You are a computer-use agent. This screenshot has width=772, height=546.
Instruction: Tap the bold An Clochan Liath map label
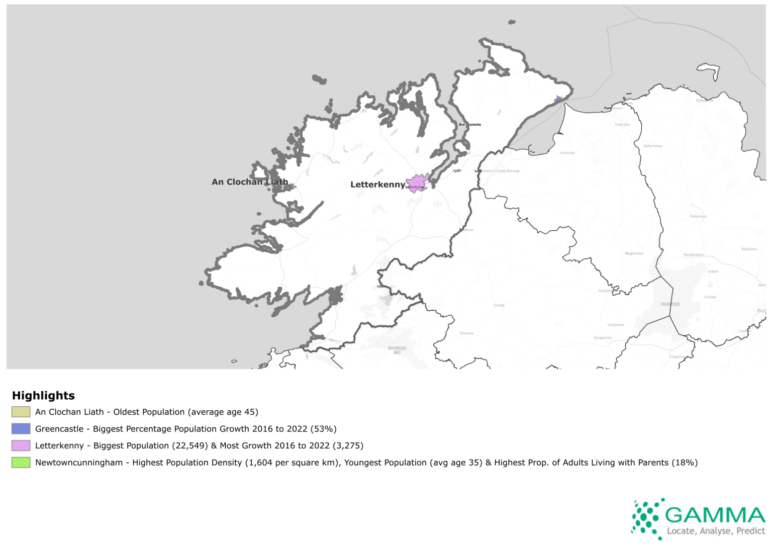(x=250, y=182)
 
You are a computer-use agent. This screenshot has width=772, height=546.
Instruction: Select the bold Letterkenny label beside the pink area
(x=377, y=185)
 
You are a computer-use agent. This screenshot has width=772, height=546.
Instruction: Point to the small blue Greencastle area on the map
(x=558, y=100)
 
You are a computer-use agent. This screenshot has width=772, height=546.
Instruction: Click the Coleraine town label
(x=622, y=125)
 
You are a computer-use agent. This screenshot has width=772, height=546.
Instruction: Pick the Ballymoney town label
(x=653, y=146)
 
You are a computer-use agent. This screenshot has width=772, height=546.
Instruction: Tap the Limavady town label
(x=567, y=153)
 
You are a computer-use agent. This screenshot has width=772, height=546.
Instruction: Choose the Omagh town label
(x=499, y=305)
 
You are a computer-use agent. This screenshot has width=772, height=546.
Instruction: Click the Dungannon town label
(x=603, y=338)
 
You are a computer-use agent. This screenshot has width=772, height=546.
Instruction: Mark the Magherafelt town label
(x=634, y=253)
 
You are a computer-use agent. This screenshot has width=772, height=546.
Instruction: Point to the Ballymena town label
(x=698, y=216)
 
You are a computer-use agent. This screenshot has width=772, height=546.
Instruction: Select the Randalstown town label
(x=694, y=255)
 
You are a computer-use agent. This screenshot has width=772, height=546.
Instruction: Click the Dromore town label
(x=466, y=333)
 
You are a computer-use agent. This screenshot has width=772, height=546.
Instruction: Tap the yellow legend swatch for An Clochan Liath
(x=21, y=412)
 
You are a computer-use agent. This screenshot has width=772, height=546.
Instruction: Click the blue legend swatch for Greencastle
(x=21, y=429)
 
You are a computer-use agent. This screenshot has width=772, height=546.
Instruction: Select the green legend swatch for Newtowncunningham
(x=21, y=463)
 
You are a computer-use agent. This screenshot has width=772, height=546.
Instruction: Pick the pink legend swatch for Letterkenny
(x=21, y=445)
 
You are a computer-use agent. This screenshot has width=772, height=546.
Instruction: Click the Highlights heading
(x=43, y=396)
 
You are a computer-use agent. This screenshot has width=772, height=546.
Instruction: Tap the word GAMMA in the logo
(x=715, y=515)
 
